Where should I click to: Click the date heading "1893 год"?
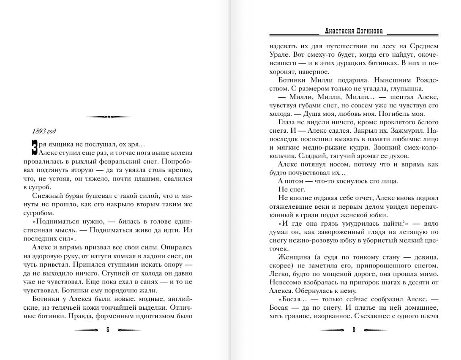click(x=43, y=131)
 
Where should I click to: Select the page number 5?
click(x=108, y=330)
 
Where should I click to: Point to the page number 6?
click(x=354, y=330)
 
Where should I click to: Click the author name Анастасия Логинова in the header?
click(x=354, y=31)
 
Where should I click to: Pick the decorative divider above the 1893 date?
click(x=109, y=117)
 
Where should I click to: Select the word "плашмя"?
click(x=140, y=179)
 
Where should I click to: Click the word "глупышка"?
click(x=404, y=89)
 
